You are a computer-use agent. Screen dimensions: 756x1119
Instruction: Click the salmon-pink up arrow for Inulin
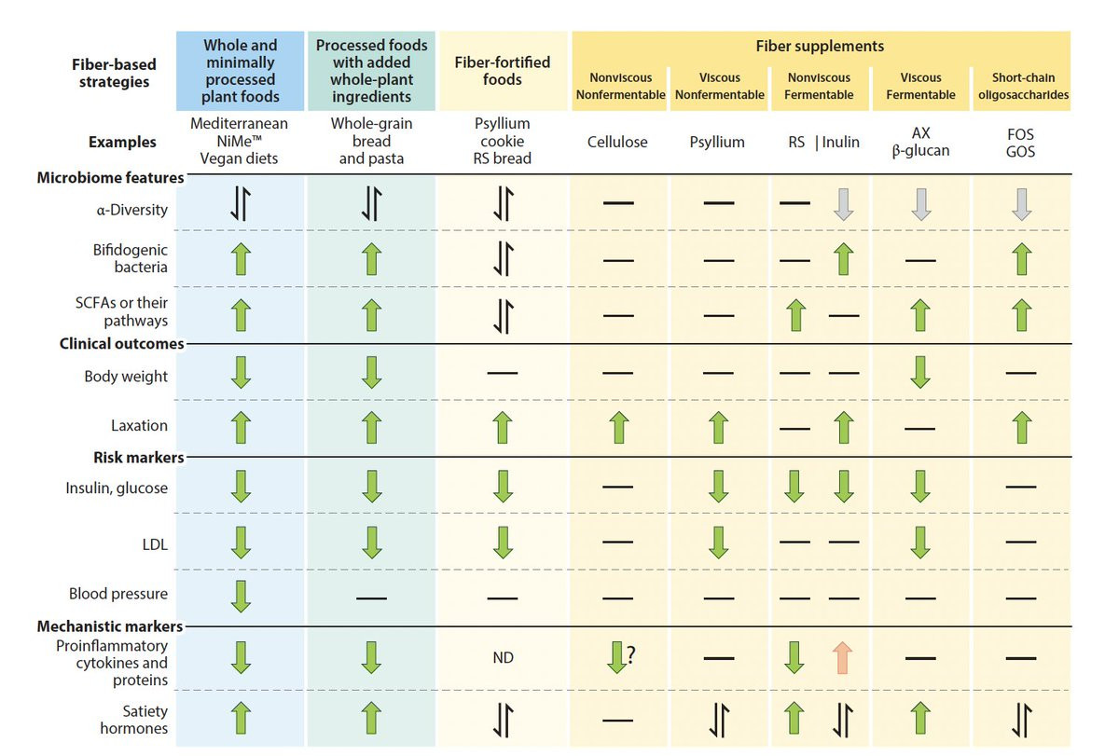point(843,657)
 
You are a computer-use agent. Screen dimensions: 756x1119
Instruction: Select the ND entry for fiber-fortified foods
point(503,657)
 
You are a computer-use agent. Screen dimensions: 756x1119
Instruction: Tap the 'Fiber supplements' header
point(821,46)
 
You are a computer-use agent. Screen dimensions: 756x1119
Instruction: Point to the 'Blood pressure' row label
point(118,594)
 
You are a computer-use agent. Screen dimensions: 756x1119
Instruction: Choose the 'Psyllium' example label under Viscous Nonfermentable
point(717,143)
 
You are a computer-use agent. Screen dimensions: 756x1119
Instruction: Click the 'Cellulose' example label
point(617,143)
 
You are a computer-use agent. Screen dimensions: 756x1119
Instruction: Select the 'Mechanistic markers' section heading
point(110,626)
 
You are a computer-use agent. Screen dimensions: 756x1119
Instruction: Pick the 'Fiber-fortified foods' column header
point(503,72)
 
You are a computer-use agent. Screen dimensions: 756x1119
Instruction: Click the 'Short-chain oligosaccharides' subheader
point(1020,86)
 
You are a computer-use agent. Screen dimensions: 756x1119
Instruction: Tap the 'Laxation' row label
point(140,426)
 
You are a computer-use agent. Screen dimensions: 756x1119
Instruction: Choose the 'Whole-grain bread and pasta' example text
point(371,142)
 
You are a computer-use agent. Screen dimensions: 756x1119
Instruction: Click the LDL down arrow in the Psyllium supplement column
point(718,542)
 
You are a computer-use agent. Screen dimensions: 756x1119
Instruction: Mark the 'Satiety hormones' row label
point(134,718)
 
